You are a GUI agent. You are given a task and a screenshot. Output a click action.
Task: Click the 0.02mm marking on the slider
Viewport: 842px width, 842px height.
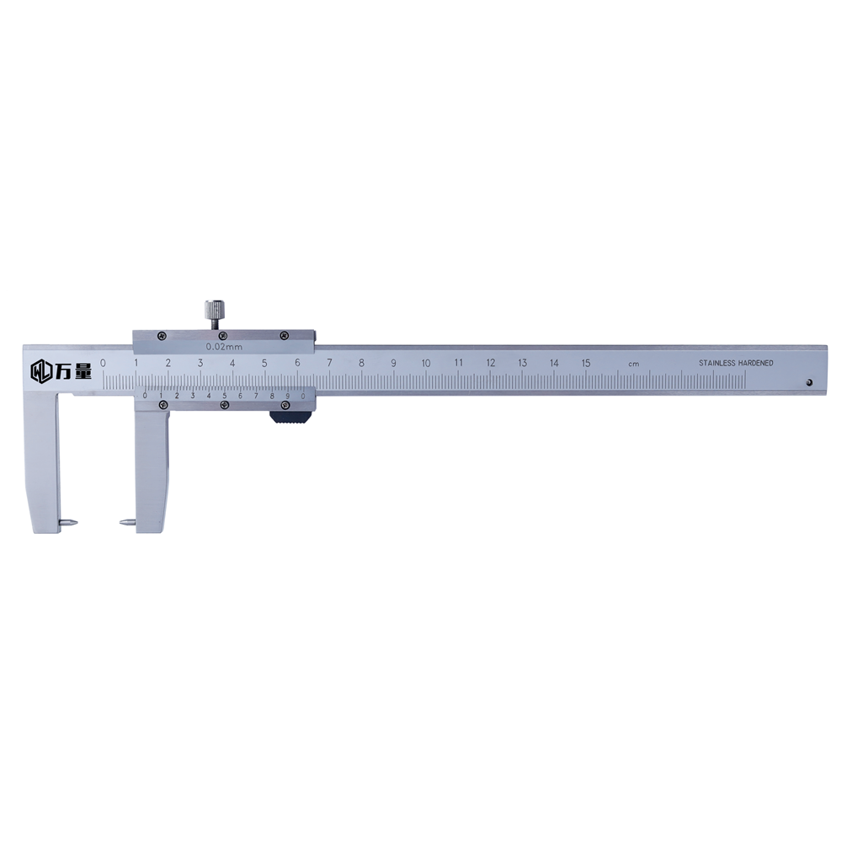pos(224,346)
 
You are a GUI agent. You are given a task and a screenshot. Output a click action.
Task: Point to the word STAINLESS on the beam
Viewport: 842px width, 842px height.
pos(717,363)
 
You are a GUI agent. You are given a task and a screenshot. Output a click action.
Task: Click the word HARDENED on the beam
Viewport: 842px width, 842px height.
pos(755,363)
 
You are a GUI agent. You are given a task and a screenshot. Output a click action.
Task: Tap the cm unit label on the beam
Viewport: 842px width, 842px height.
pos(634,364)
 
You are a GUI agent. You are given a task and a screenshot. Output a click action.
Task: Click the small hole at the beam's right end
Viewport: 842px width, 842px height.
pos(809,383)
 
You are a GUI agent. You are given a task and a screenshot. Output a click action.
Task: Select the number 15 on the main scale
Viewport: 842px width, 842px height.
pos(586,362)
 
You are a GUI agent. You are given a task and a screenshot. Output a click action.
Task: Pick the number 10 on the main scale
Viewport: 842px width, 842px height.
pos(426,363)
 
